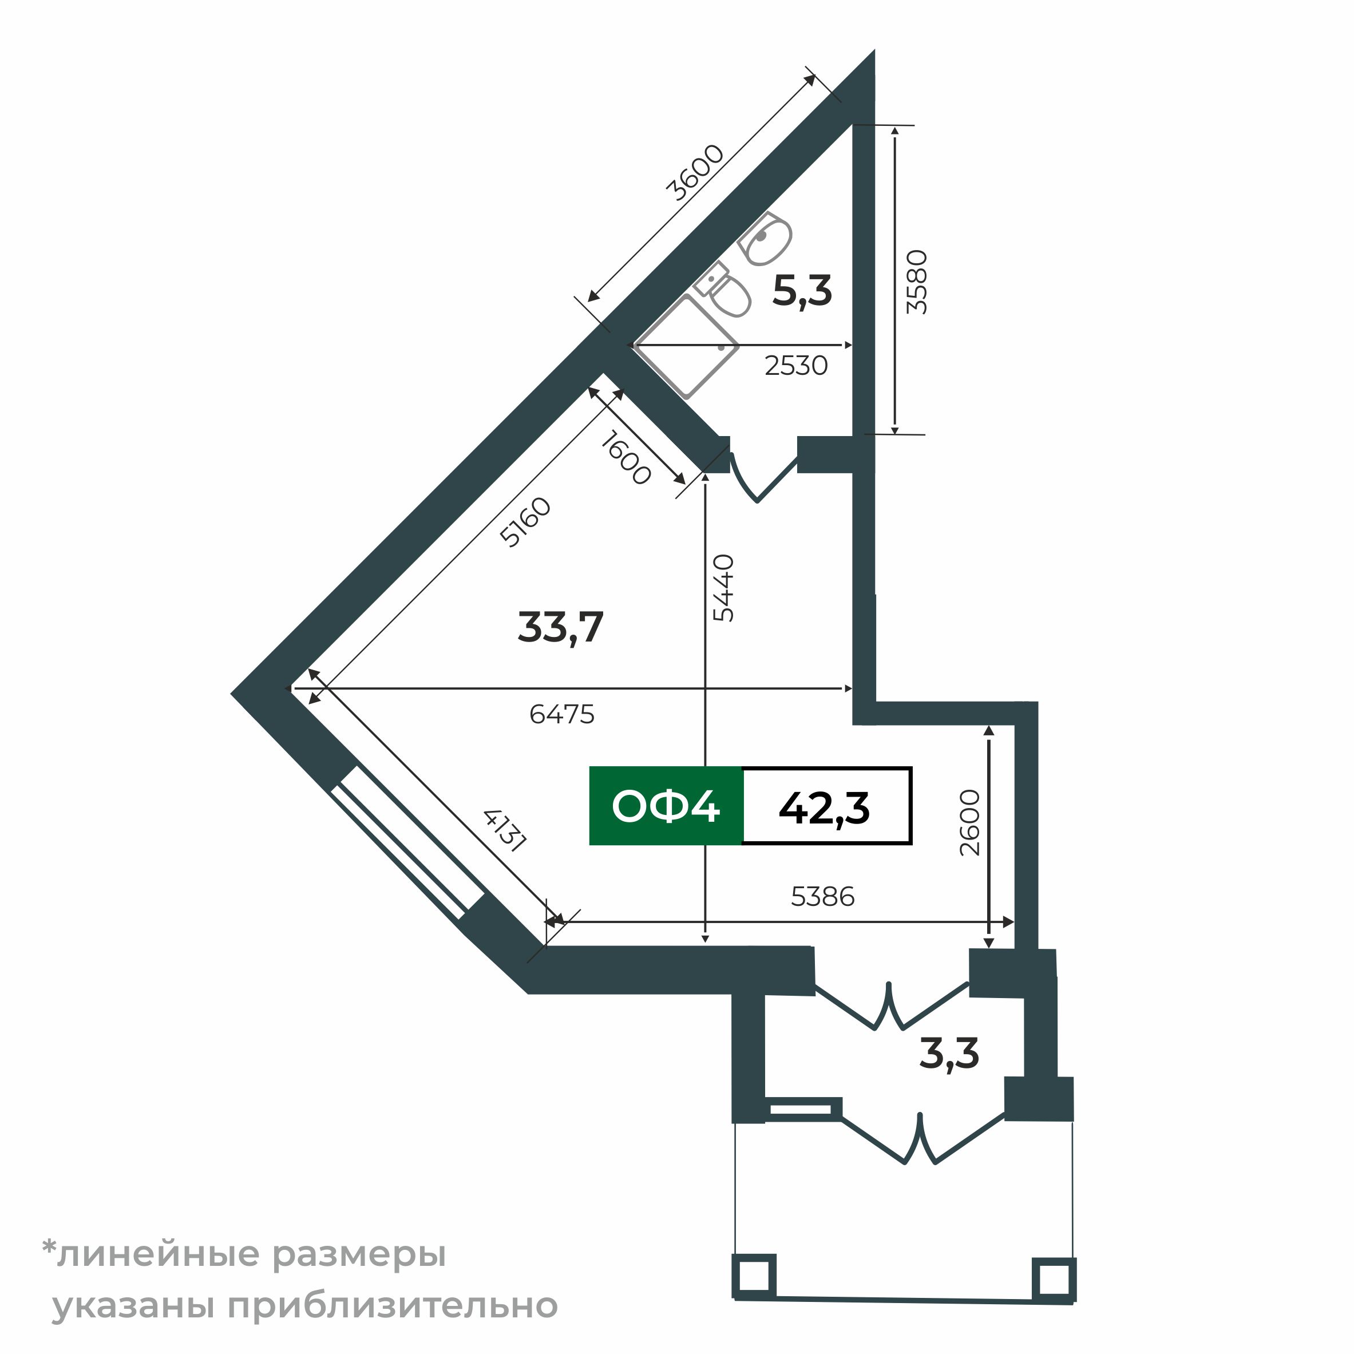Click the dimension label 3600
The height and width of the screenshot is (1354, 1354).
(x=694, y=172)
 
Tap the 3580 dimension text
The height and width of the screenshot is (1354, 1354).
(x=917, y=282)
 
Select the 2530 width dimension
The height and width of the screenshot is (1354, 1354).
(x=795, y=366)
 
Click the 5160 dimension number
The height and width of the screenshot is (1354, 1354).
(x=525, y=521)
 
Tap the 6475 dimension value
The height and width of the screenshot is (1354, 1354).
(x=561, y=714)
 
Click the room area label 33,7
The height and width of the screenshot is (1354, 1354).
(x=560, y=627)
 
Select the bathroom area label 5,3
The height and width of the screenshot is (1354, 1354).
(x=802, y=291)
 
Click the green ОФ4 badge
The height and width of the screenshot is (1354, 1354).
(x=665, y=806)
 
